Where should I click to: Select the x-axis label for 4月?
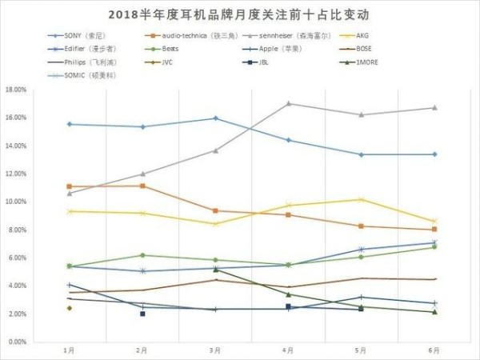click(287, 350)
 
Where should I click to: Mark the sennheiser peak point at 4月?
click(288, 103)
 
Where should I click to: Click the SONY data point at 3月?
click(215, 118)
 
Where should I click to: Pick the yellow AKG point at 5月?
click(361, 199)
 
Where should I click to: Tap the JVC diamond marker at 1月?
click(70, 307)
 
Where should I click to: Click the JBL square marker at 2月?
click(142, 314)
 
